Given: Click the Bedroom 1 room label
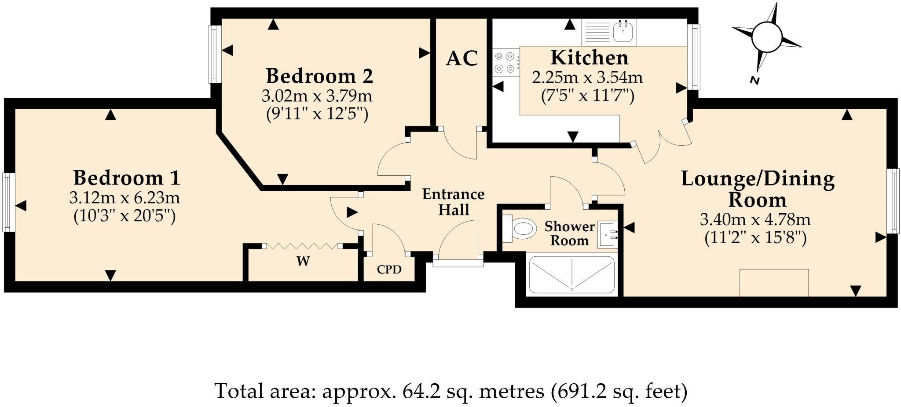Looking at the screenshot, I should [x=127, y=178].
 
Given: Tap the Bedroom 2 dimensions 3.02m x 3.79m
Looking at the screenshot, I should [x=317, y=96].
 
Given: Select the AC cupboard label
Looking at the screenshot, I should [x=461, y=58].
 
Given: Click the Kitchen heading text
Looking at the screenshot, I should [x=589, y=58].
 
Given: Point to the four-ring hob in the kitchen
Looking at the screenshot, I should [x=504, y=63].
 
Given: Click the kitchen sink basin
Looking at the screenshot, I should [x=623, y=32].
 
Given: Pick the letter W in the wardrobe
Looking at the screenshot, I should [x=303, y=261].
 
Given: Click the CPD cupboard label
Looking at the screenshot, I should [x=389, y=269].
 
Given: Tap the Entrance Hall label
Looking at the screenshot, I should [x=453, y=202].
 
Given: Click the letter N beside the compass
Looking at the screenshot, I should [x=754, y=81].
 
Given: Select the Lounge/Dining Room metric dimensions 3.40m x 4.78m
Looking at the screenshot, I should [x=755, y=219].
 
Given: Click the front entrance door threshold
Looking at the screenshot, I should [x=458, y=263].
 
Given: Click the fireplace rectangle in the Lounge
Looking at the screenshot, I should [x=774, y=282].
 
